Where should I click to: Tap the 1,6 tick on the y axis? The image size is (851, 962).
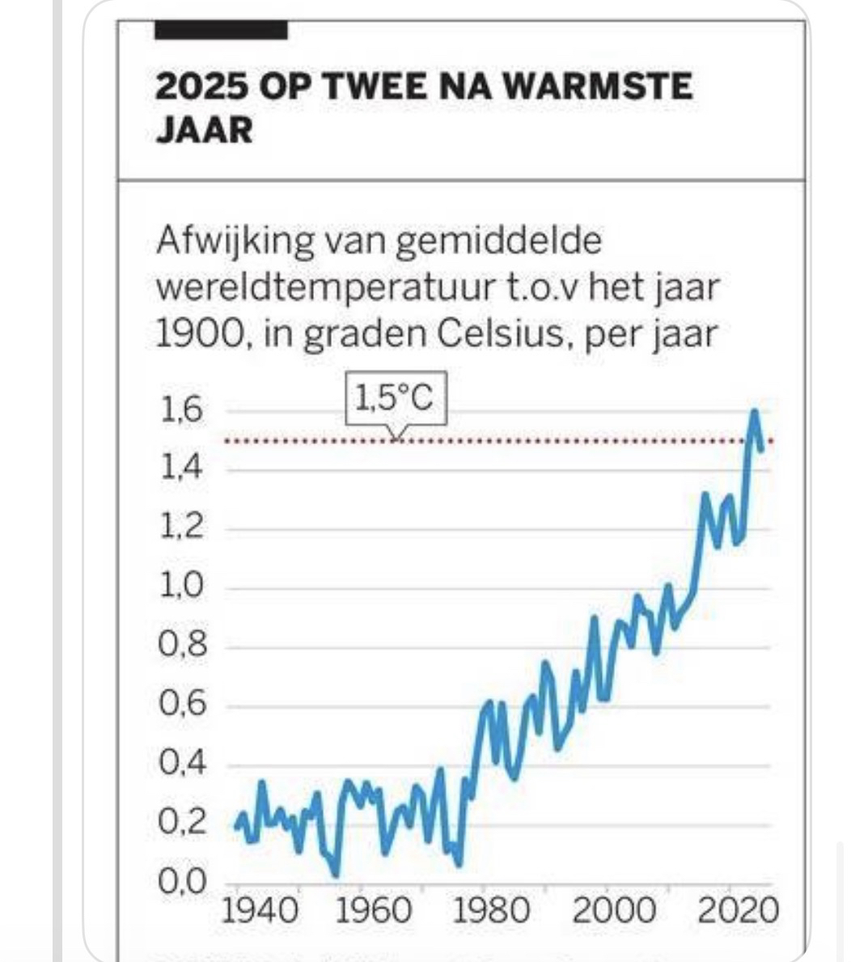(x=180, y=411)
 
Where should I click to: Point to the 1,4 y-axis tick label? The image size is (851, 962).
(x=180, y=469)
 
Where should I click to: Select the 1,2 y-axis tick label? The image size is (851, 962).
(x=180, y=528)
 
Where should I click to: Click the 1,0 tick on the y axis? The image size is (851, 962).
(x=180, y=587)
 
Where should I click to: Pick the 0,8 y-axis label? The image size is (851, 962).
(x=180, y=646)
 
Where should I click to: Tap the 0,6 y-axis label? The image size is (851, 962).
(x=180, y=705)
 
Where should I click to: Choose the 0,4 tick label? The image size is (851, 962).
(x=180, y=764)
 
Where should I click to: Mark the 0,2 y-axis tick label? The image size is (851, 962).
(x=180, y=823)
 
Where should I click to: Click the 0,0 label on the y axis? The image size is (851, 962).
(x=180, y=881)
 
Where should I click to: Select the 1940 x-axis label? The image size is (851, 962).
(x=259, y=911)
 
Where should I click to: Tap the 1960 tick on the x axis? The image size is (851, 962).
(x=374, y=911)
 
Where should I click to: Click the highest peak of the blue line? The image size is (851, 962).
(x=754, y=413)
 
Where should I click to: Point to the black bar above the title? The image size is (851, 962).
(x=221, y=31)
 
